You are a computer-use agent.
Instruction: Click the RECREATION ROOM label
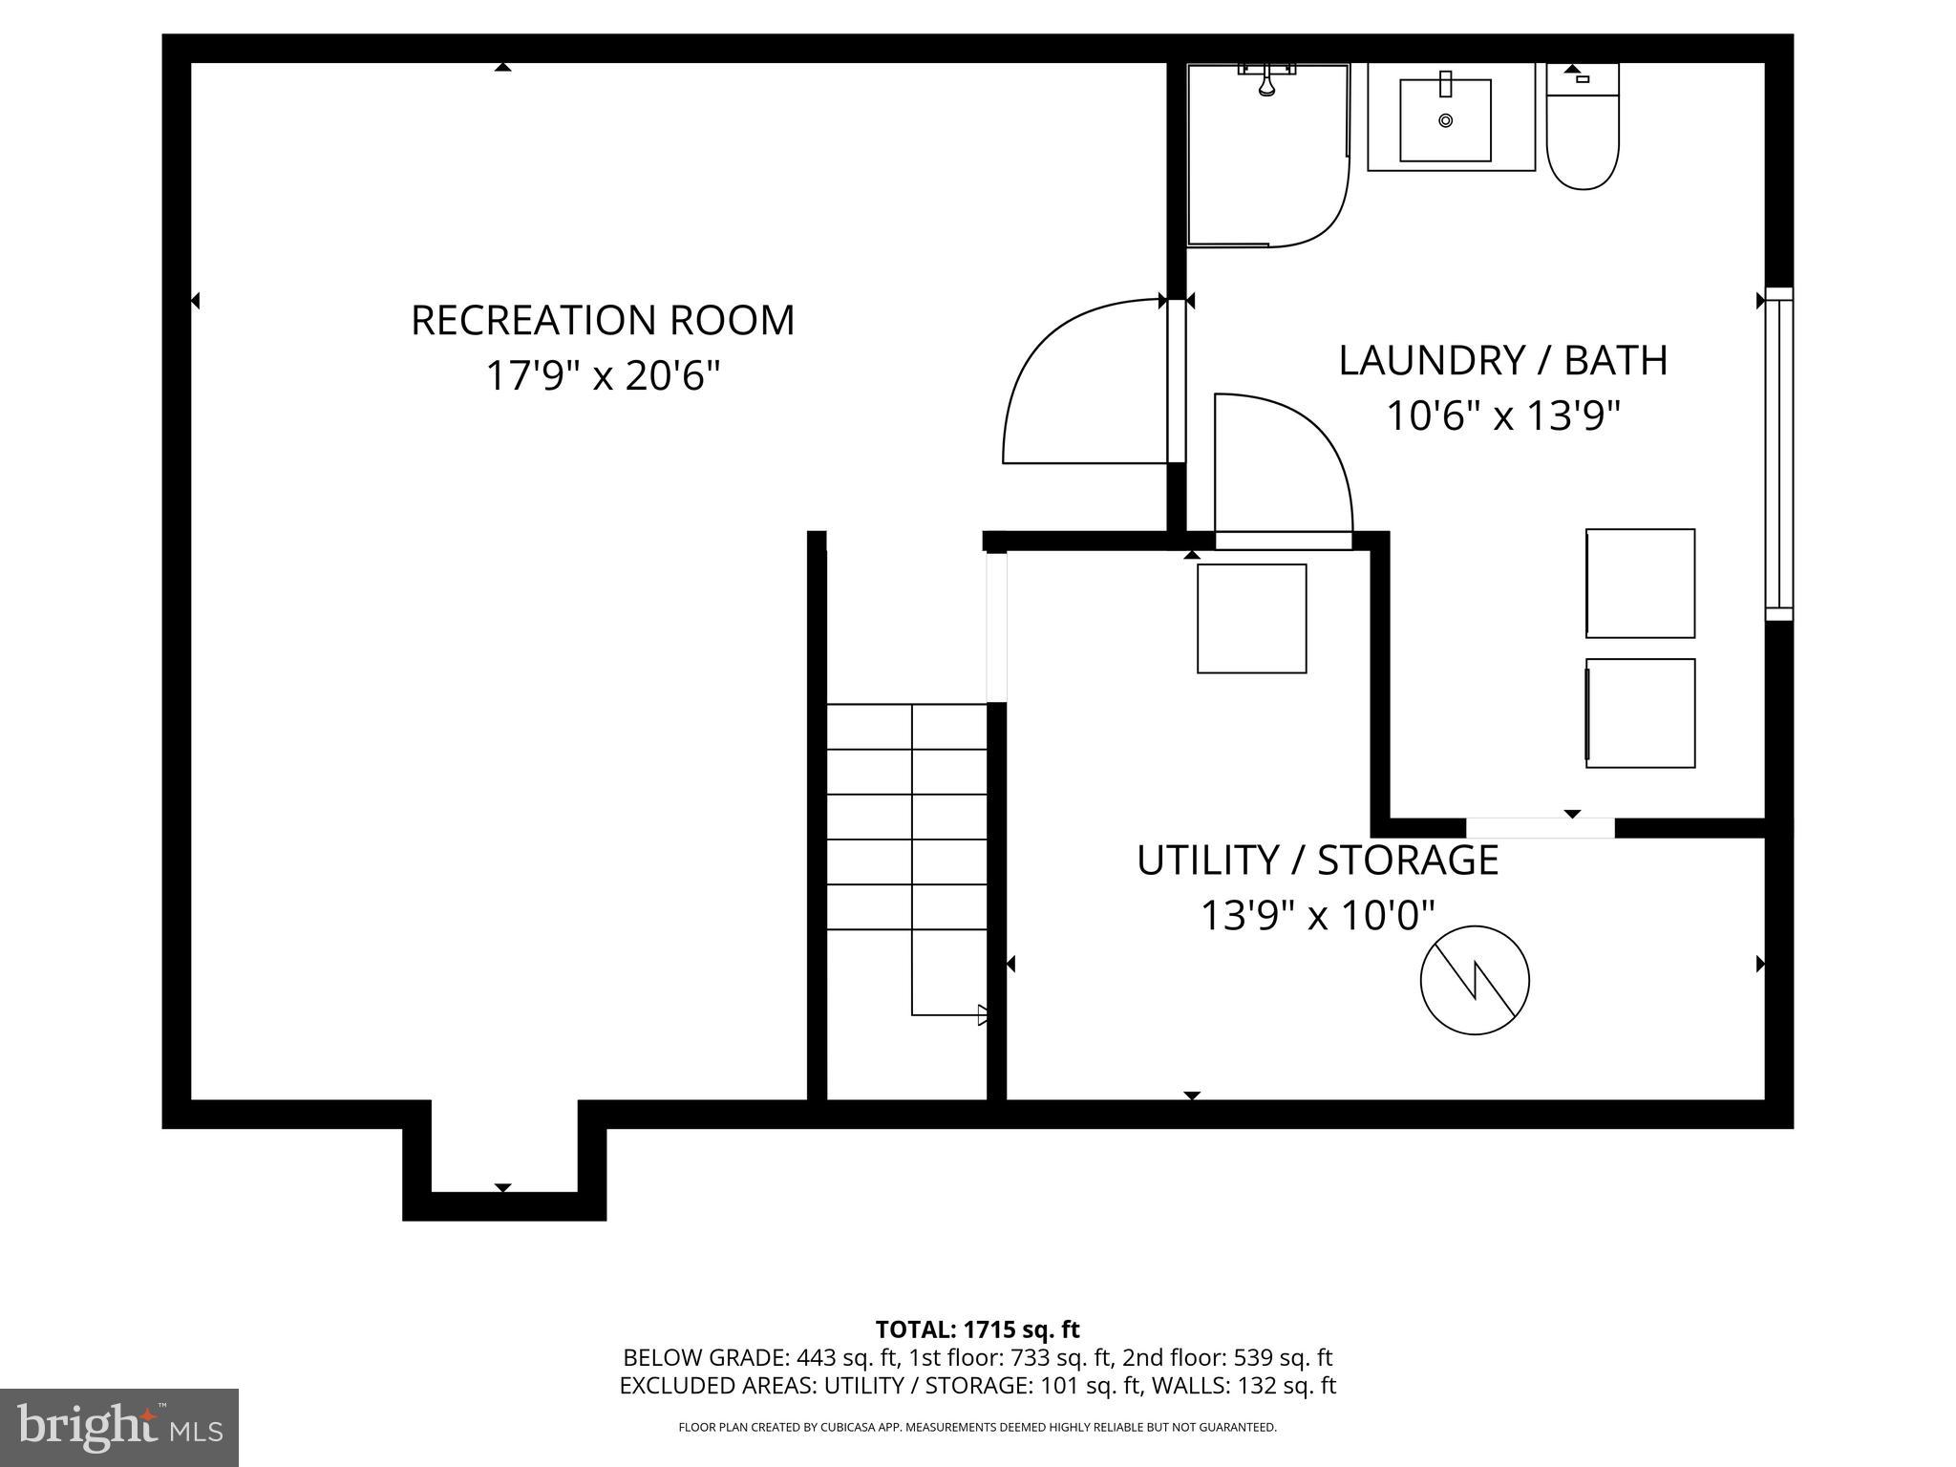[603, 321]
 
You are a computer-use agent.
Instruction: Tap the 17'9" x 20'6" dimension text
[603, 375]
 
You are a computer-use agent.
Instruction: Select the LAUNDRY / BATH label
[1502, 361]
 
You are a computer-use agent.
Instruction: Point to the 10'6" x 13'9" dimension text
[1502, 416]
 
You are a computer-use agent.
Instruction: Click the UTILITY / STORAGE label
[1317, 861]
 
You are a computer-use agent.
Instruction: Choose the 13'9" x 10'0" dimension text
[1317, 916]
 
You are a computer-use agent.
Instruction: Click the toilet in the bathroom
[1583, 134]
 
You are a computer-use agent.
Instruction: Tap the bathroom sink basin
[1445, 120]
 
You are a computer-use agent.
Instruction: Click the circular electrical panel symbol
[1475, 980]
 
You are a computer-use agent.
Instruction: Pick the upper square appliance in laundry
[1640, 584]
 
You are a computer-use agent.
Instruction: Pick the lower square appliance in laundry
[1640, 712]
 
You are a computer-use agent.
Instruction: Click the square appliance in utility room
[1252, 619]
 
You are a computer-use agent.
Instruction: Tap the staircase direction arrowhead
[982, 1014]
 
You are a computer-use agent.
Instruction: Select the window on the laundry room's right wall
[1778, 454]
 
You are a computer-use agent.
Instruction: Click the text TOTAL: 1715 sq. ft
[977, 1329]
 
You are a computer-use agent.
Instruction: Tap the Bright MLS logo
[118, 1427]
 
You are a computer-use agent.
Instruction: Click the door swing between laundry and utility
[1280, 468]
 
